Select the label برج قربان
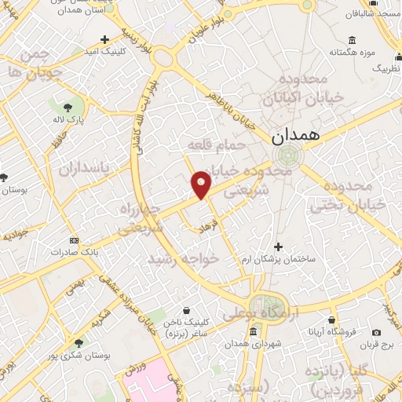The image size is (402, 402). tap(378, 344)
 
